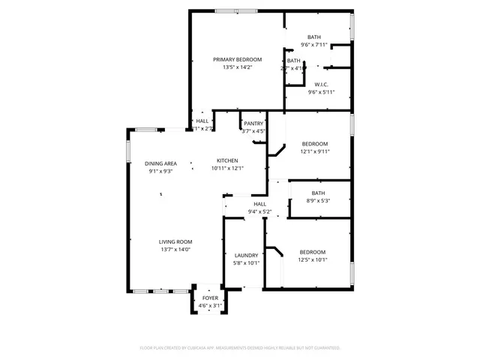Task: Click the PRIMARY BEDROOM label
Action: click(x=237, y=59)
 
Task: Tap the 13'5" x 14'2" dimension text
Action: click(x=237, y=67)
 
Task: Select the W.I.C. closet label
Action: click(x=320, y=84)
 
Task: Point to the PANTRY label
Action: click(x=253, y=123)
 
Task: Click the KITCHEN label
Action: click(x=227, y=160)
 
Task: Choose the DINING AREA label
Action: click(x=160, y=163)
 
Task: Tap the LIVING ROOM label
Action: click(x=175, y=241)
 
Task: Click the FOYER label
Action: click(x=210, y=298)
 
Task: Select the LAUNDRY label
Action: click(x=247, y=255)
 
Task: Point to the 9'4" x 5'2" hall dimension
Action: click(x=260, y=211)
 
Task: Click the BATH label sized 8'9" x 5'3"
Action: click(x=318, y=193)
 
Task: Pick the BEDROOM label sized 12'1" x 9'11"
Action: click(x=315, y=143)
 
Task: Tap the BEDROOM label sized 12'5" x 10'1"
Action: click(x=313, y=252)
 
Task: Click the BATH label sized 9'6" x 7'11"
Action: click(x=314, y=37)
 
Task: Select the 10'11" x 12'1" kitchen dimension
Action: click(x=227, y=168)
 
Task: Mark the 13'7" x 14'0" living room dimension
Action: click(x=175, y=249)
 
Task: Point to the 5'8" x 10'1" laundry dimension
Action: click(x=247, y=262)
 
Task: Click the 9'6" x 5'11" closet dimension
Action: click(x=320, y=91)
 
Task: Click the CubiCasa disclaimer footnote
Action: click(x=240, y=348)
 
